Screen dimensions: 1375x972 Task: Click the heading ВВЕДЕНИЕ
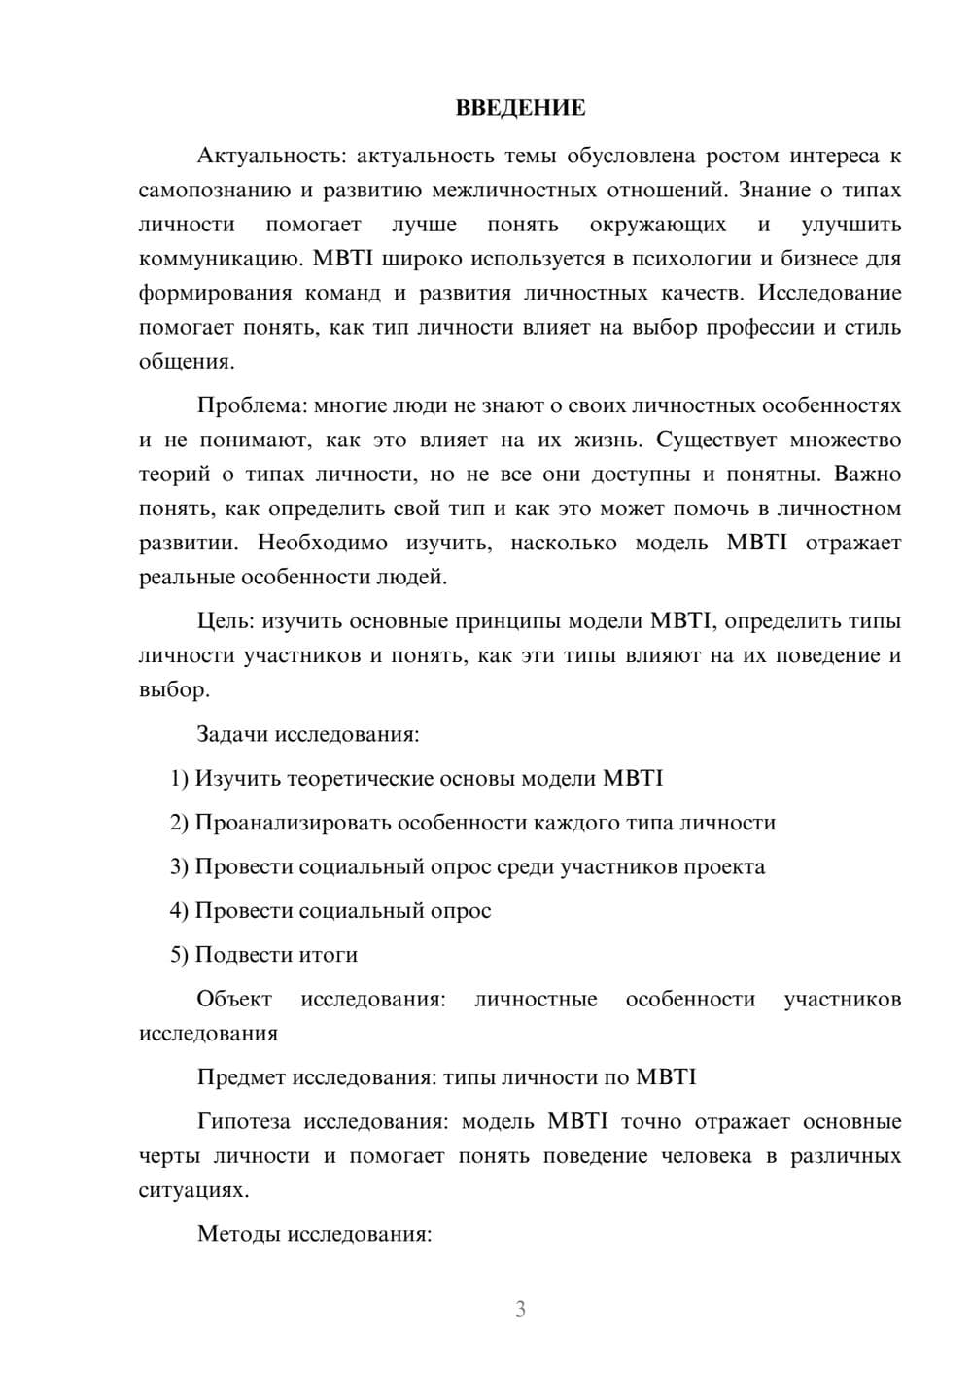(x=520, y=108)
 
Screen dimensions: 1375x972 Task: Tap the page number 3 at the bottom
(x=520, y=1309)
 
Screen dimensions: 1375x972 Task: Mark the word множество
(x=845, y=440)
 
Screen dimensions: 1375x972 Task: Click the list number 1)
(x=179, y=779)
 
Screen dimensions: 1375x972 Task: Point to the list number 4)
(x=179, y=911)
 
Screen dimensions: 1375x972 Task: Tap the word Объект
(x=234, y=1000)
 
